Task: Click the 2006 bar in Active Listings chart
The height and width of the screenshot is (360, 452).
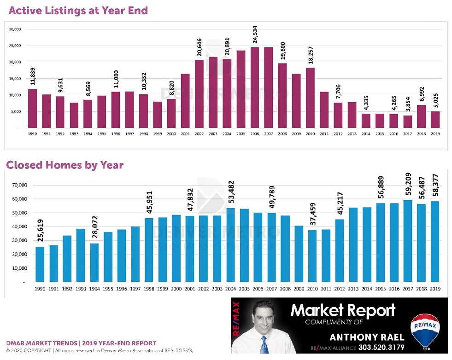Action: point(254,87)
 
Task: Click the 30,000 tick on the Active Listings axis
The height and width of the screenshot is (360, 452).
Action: point(15,29)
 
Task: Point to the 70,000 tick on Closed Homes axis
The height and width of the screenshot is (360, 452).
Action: point(20,185)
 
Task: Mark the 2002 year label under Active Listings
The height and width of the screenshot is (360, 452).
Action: point(199,134)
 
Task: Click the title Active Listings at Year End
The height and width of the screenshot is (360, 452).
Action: point(78,10)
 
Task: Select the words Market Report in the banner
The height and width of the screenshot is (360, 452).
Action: point(343,310)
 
